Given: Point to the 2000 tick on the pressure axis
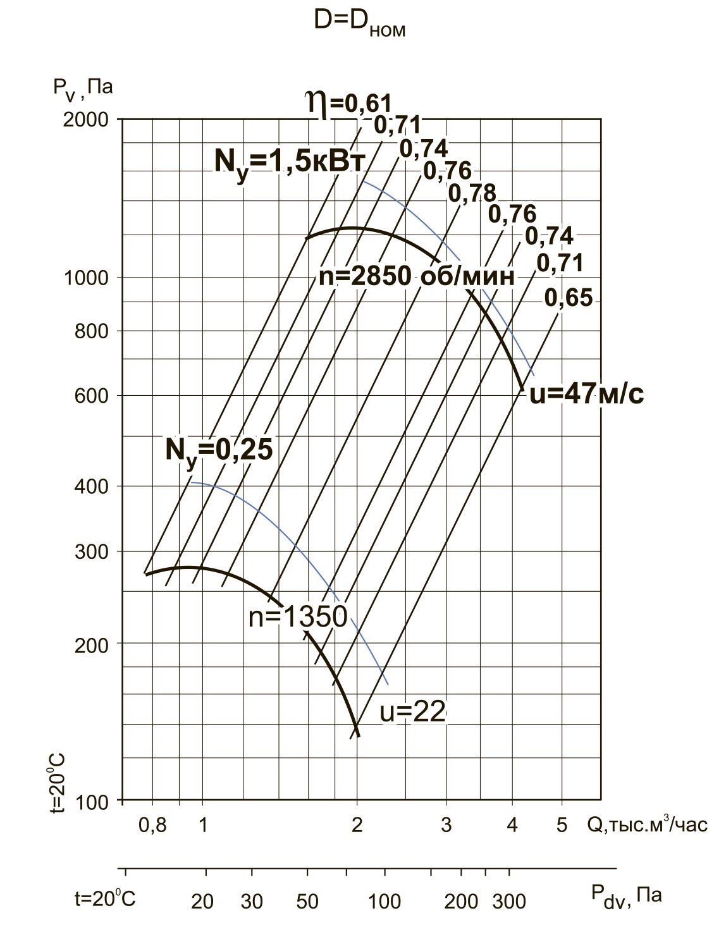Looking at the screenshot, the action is coord(86,119).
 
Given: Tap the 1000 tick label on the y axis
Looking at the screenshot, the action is coord(86,278).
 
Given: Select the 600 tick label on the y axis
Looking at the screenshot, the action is coord(92,395).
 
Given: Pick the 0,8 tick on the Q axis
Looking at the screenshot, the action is coord(152,825).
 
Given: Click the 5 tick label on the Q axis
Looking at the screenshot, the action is coord(562,825).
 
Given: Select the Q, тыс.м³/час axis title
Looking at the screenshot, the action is coord(647,825).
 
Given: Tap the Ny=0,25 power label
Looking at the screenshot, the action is coord(219,452).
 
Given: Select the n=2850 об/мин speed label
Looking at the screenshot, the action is coord(417,277).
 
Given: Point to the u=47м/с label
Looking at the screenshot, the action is coord(586,394).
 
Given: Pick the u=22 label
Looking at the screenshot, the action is coord(412,711).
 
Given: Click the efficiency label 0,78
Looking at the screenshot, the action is coord(472,193).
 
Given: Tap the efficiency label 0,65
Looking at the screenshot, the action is coord(569,297).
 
